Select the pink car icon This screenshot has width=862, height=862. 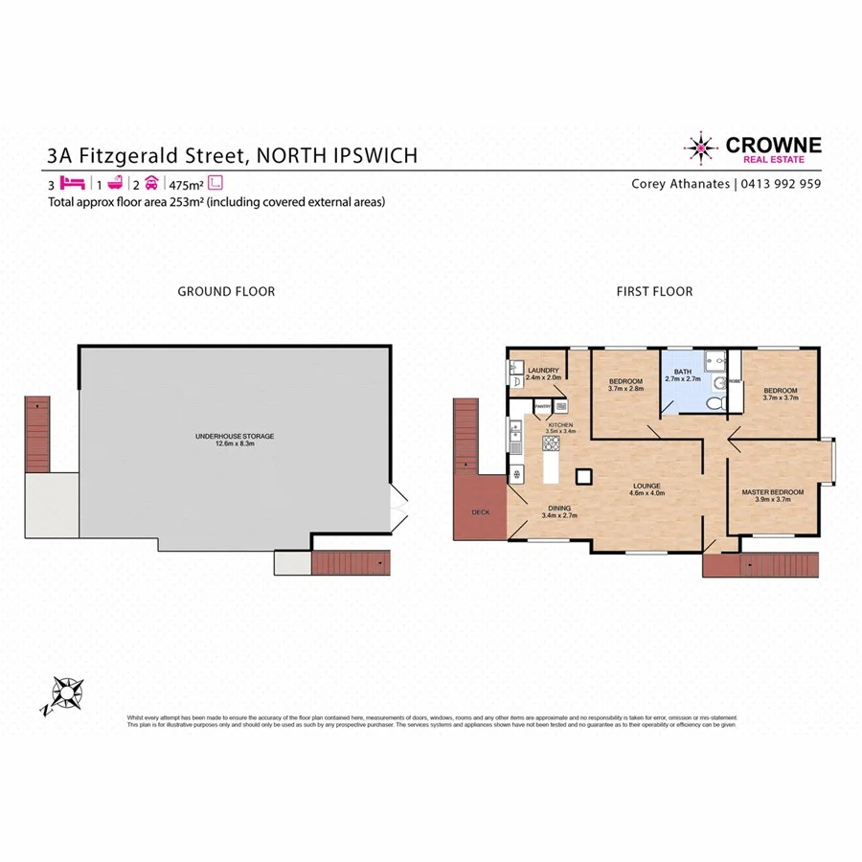point(151,183)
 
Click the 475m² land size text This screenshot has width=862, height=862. point(186,184)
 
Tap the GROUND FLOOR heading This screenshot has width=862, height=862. point(226,291)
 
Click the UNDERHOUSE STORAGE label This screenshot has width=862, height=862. point(235,436)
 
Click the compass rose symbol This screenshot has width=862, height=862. point(66,692)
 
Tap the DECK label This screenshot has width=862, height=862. point(481,512)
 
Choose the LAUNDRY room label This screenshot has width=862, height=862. point(542,370)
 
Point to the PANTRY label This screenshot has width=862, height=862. point(542,406)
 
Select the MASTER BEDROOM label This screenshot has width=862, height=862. point(772,492)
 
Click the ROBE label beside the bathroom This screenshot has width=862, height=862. point(735,381)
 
